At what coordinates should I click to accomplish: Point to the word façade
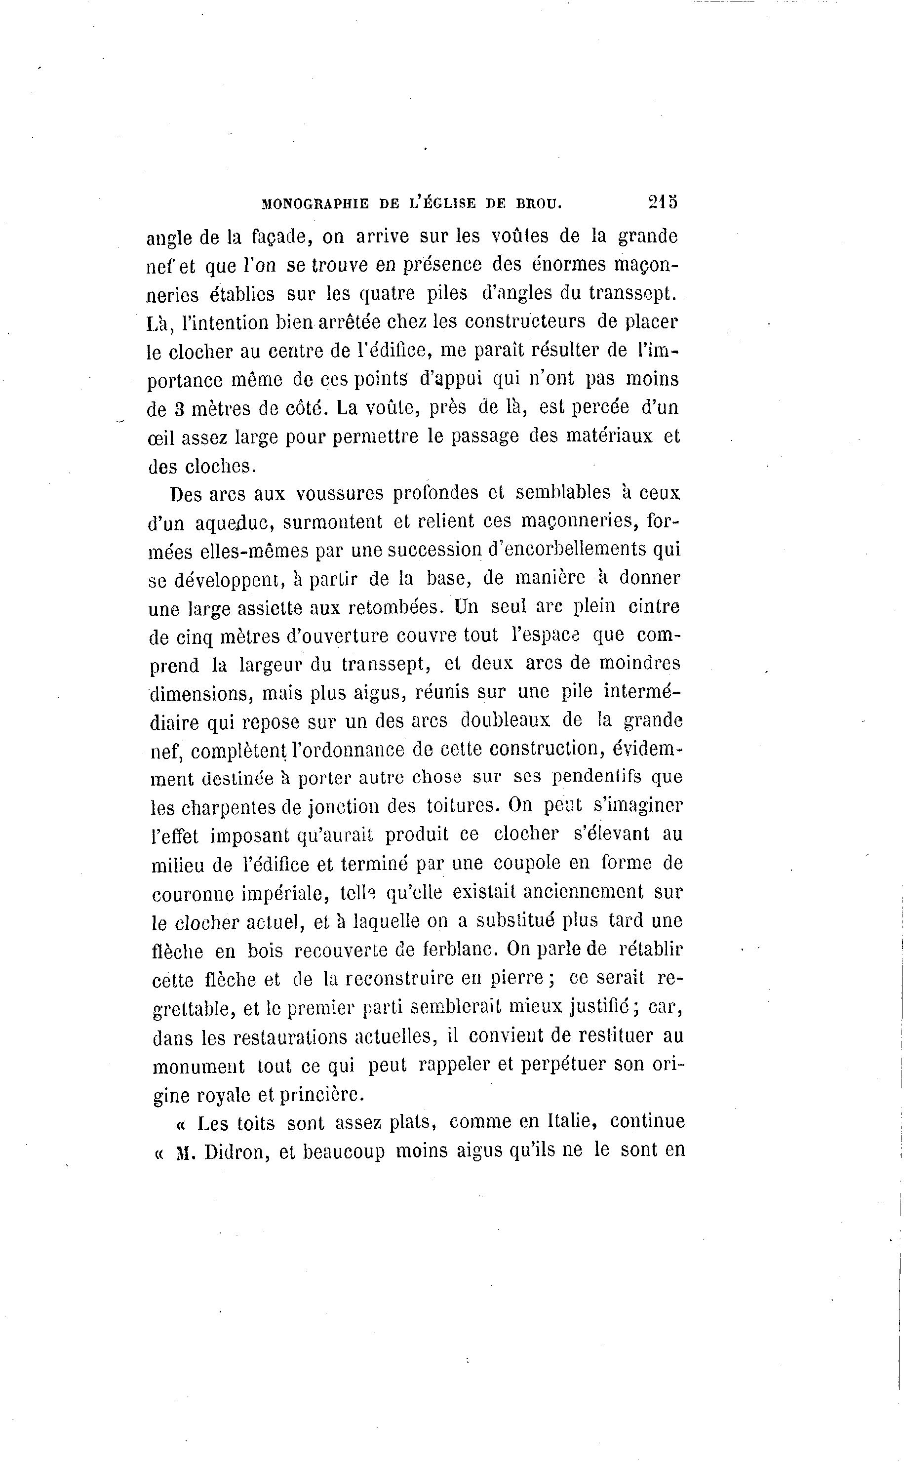(x=278, y=238)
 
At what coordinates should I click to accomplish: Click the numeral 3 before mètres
(x=178, y=409)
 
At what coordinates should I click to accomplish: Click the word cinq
(x=195, y=637)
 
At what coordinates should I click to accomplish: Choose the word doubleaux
(x=506, y=721)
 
